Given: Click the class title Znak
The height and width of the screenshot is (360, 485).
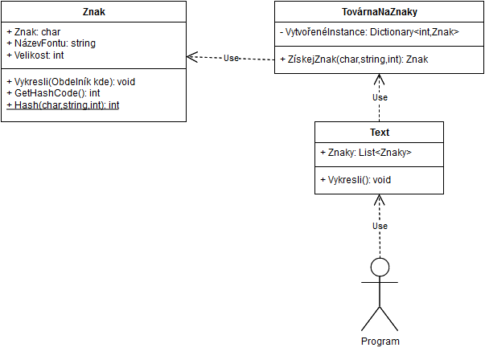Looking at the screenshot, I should [x=93, y=12].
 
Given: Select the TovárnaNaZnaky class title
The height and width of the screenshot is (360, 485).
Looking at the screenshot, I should [x=379, y=12].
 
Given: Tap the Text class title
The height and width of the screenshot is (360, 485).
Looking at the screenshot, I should [x=379, y=133].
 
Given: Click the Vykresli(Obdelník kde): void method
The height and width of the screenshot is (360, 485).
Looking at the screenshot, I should [x=69, y=81].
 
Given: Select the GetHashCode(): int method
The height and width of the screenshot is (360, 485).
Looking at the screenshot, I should [x=52, y=93].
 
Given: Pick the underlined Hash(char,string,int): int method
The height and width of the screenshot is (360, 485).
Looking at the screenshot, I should [x=62, y=105].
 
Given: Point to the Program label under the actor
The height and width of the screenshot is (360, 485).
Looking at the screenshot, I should [x=380, y=341].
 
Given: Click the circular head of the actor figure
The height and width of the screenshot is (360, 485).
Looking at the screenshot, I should [x=380, y=267].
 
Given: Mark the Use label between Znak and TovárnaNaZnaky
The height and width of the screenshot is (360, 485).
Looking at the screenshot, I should [x=231, y=58].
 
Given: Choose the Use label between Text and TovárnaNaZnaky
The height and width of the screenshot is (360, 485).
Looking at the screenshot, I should [x=380, y=97].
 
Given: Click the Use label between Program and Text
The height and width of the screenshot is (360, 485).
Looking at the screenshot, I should [x=380, y=226].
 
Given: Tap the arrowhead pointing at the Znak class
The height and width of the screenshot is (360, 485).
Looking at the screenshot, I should [x=191, y=57].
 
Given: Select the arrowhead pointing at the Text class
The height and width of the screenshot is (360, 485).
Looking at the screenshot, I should [x=379, y=198].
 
